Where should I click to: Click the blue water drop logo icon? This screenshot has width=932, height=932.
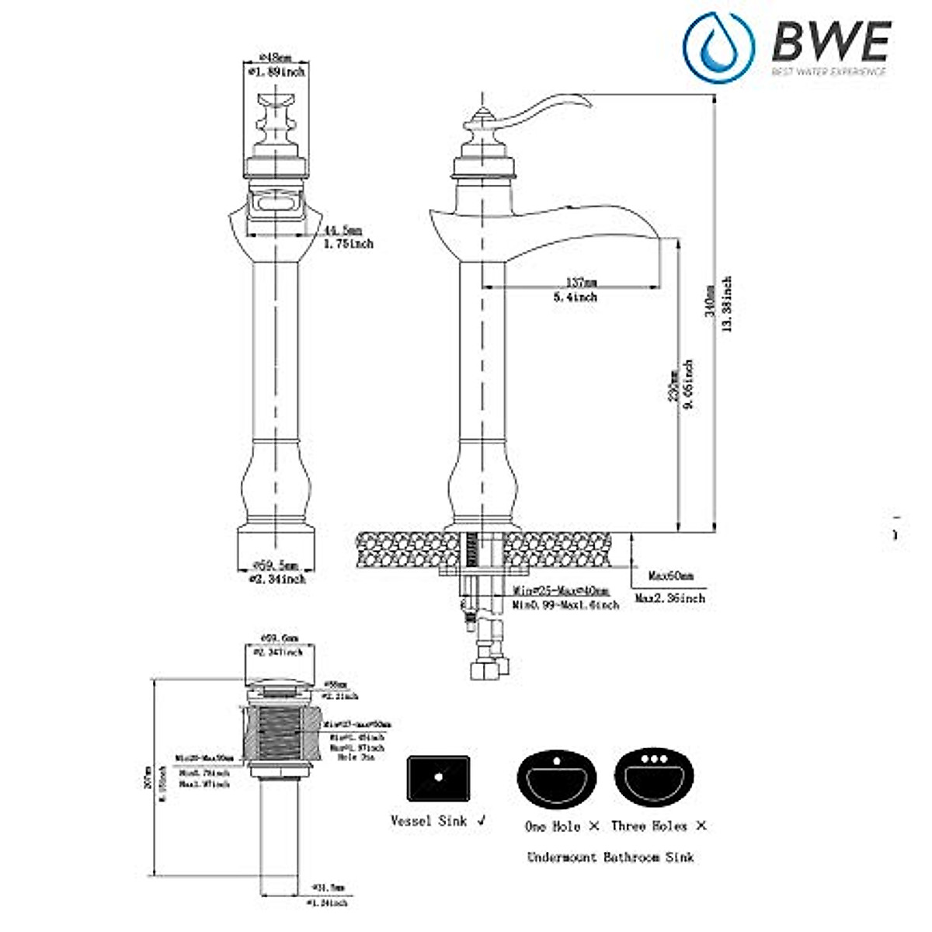click(x=718, y=48)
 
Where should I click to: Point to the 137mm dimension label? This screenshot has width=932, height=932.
click(x=581, y=283)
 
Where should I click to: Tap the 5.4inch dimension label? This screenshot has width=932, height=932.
click(x=576, y=297)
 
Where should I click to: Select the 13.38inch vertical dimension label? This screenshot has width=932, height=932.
click(x=727, y=304)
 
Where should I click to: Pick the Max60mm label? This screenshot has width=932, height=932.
click(x=671, y=576)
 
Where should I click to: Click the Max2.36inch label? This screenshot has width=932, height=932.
click(x=669, y=599)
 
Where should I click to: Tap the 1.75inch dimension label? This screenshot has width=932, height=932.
click(x=348, y=244)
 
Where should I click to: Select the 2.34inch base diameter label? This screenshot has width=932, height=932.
click(x=276, y=579)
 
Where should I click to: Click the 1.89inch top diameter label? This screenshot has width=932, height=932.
click(x=276, y=72)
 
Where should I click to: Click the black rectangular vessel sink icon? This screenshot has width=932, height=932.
click(x=438, y=777)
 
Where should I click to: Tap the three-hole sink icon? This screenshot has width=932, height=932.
click(x=654, y=775)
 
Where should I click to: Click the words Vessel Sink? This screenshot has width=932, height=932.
click(x=430, y=821)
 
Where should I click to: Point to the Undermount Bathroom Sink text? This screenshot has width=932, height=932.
click(x=610, y=857)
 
